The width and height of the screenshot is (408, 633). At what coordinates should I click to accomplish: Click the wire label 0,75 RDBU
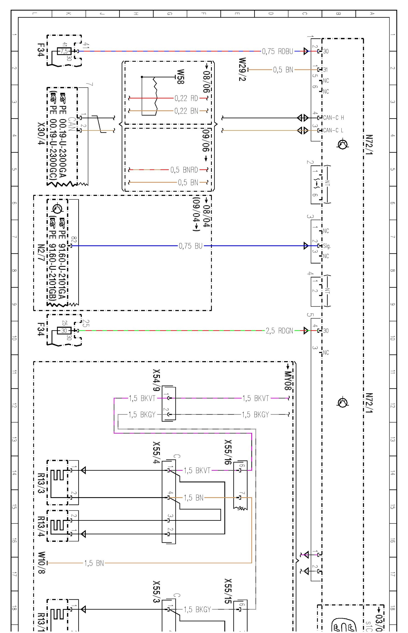coord(278,51)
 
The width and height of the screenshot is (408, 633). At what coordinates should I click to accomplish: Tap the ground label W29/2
coord(242,69)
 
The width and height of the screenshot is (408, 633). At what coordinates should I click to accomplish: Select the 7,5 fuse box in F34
coord(64,51)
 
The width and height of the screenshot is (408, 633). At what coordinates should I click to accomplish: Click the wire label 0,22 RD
coord(186,98)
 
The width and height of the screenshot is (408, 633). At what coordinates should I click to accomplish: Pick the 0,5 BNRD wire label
coord(184,170)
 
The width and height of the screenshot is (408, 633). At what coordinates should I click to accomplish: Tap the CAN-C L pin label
coord(333,130)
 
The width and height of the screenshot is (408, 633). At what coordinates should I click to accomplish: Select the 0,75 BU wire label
coord(191,246)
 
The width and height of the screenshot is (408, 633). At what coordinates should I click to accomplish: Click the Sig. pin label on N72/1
coord(327,246)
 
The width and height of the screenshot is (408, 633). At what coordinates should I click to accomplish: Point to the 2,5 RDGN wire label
coord(279,331)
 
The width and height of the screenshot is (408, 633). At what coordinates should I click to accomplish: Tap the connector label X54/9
coord(156,380)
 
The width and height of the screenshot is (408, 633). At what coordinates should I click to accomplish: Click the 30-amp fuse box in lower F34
coord(64,331)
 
